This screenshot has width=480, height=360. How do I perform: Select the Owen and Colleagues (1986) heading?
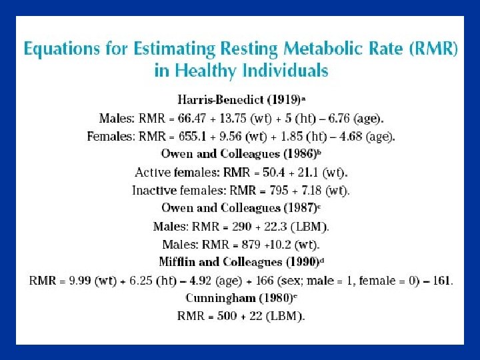239,154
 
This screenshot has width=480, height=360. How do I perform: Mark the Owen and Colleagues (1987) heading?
239,208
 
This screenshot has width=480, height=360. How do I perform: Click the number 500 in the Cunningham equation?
227,315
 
